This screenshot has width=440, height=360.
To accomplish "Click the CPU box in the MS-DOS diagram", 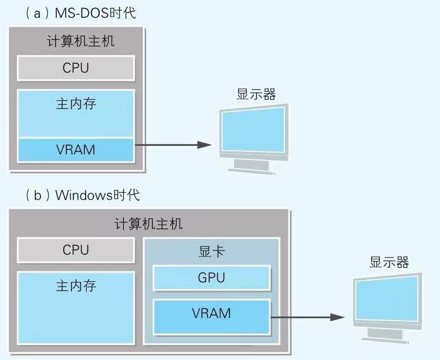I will pos(76,68).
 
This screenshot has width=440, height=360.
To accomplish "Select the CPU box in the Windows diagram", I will pos(76,250).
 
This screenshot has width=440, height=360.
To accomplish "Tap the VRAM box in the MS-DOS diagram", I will pos(76,150).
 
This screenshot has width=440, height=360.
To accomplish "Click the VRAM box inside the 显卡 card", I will pos(211,313).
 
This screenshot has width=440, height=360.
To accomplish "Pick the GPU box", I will pos(211,278).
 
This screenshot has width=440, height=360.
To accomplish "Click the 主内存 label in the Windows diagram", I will pos(76,286).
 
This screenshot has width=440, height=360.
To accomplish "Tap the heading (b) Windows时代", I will pos(83,196).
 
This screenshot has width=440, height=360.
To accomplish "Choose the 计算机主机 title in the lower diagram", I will pos(148,224).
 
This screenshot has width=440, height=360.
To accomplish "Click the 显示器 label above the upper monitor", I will pos(256,94).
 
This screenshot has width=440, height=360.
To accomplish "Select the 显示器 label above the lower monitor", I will pos(388,262).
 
